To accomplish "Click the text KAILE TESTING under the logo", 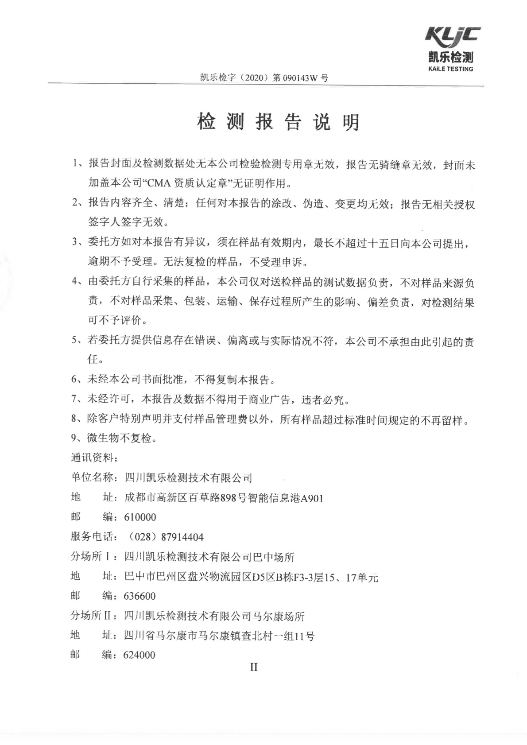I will coord(451,69).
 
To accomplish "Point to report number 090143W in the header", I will coord(301,78).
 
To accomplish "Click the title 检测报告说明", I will coord(278,122).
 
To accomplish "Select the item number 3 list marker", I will coord(75,242).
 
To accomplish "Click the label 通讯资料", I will coord(93,458).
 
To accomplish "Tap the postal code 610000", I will coord(140,517).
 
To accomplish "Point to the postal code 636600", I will coord(139,596).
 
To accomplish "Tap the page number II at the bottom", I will coord(254,667).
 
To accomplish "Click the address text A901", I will coord(312,498).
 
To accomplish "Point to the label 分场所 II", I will coord(91,616).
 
